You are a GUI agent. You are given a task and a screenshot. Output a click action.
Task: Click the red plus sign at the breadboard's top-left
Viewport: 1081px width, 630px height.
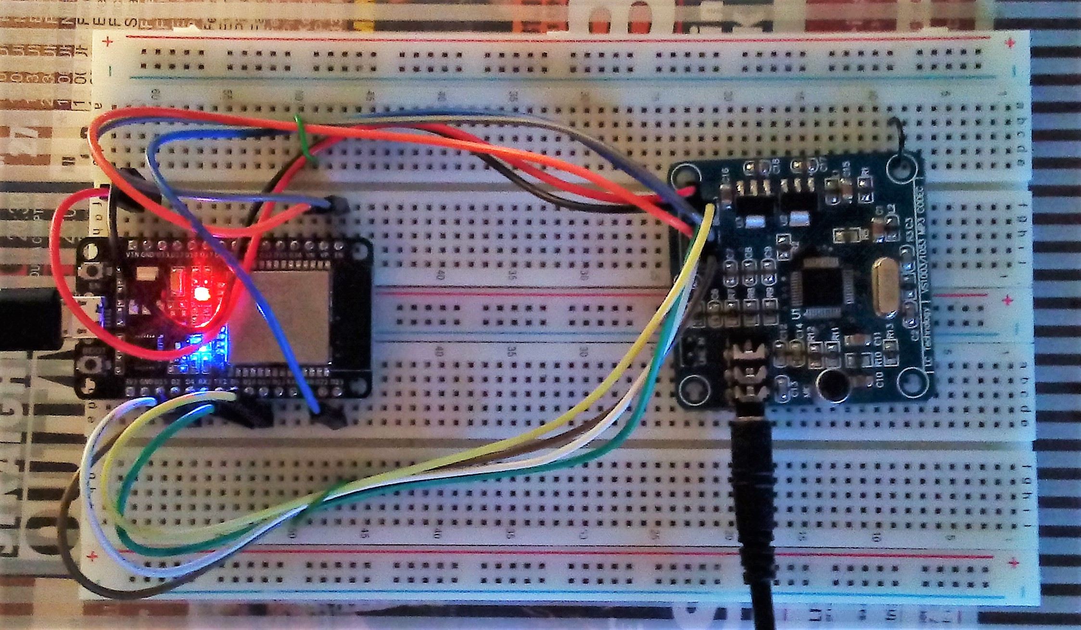click(109, 42)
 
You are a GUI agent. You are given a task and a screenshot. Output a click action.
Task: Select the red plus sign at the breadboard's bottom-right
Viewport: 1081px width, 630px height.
click(1014, 563)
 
